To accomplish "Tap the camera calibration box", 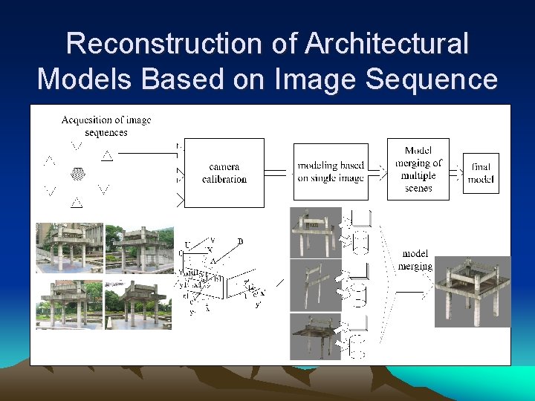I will click(224, 173).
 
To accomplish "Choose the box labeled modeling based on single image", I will click(331, 172).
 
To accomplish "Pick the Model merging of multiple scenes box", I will click(418, 169).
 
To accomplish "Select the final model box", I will click(481, 173).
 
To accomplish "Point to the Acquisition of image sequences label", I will click(106, 125).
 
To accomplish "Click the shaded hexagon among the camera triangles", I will click(77, 175).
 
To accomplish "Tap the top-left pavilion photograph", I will click(70, 248).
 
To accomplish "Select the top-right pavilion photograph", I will click(139, 248).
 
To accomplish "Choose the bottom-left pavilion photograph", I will click(70, 304).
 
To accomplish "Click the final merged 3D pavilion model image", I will click(473, 291).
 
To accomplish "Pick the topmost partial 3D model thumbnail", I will click(315, 232).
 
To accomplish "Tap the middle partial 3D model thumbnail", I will click(315, 285).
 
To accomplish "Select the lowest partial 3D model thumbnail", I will click(315, 336).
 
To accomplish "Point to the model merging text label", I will click(416, 260).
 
